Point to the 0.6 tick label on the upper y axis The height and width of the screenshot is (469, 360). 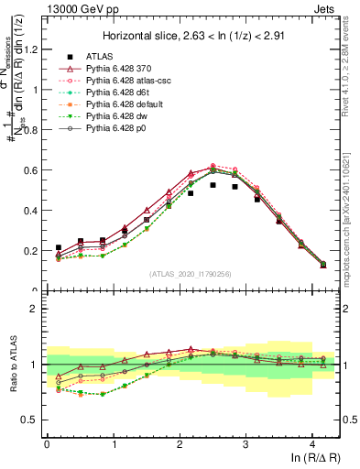tap(31, 170)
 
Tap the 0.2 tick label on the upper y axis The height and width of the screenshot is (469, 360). tap(31, 251)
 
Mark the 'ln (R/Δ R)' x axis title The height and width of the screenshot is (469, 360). tap(316, 460)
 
